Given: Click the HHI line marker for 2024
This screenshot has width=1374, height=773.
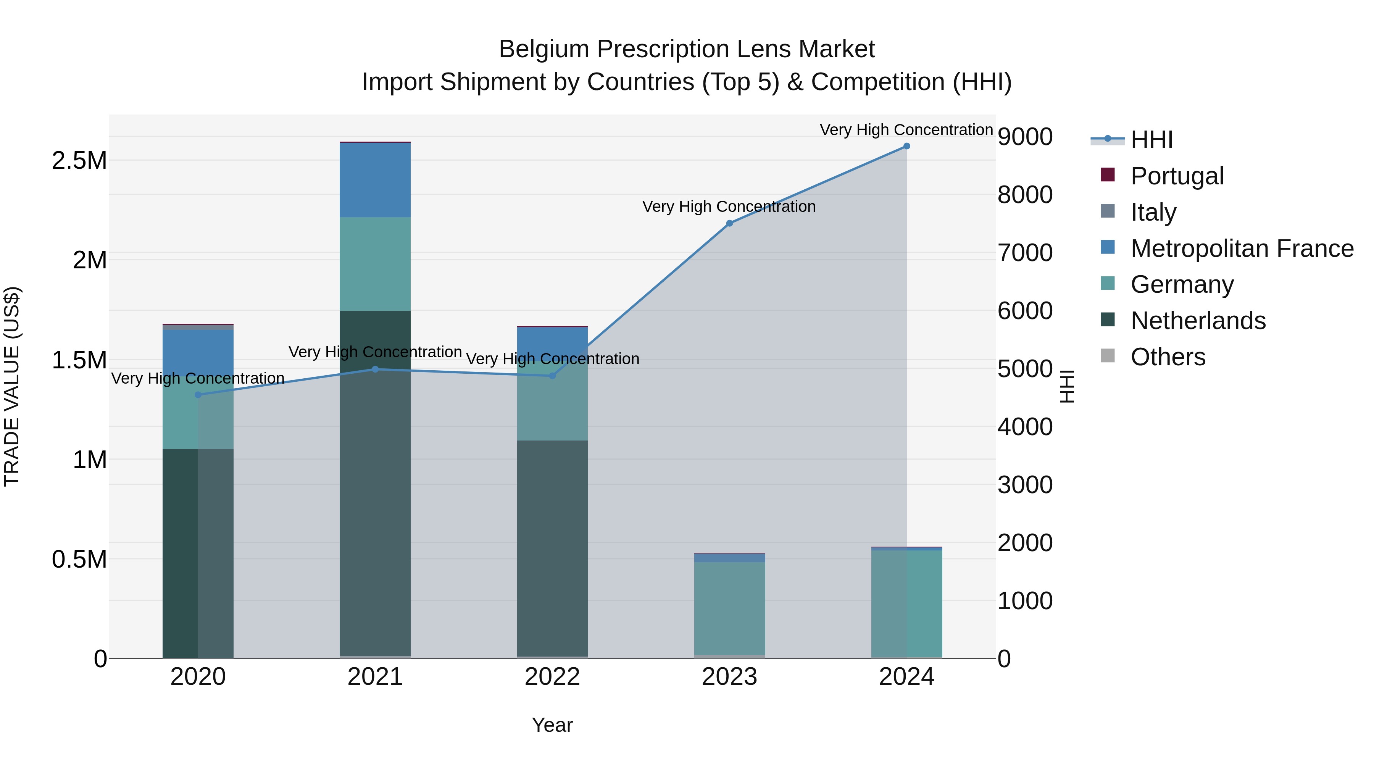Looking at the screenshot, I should [x=906, y=146].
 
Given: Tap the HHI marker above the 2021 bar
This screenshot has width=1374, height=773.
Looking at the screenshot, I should [x=375, y=369].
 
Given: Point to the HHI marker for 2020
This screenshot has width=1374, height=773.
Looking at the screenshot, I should [x=198, y=395].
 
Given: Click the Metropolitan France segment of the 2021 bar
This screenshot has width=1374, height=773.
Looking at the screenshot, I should [x=375, y=180].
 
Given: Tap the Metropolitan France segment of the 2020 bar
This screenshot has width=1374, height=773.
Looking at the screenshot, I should [x=198, y=352].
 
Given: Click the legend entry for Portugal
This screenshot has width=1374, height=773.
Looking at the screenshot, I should [x=1177, y=176].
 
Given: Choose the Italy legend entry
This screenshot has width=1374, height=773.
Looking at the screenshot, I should [x=1153, y=212].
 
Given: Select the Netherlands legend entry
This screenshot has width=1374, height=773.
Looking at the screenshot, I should [x=1197, y=321].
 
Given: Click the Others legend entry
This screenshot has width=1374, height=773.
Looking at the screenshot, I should [x=1168, y=357].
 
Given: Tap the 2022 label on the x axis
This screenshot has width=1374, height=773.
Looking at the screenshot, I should [x=552, y=677].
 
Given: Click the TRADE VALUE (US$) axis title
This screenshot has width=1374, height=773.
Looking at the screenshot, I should [x=12, y=386].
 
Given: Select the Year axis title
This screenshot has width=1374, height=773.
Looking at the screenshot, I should [x=552, y=725].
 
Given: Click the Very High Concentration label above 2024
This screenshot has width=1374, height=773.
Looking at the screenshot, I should [x=906, y=130].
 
